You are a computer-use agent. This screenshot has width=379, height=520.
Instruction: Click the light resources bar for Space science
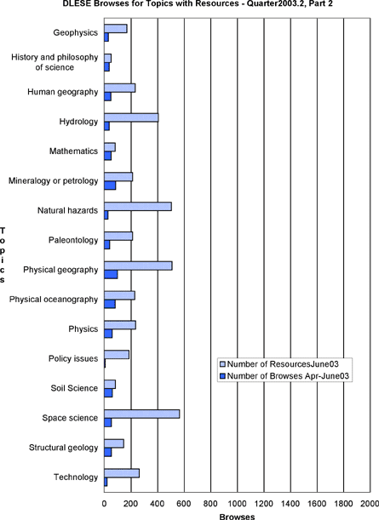[x=142, y=414]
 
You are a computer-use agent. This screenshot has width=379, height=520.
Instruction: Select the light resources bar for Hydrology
[x=131, y=117]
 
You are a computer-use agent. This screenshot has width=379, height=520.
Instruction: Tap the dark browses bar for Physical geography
[x=111, y=275]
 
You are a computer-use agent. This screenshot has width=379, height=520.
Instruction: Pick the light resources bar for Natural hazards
[x=138, y=206]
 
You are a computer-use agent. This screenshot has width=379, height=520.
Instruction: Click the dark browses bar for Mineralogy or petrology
[x=110, y=186]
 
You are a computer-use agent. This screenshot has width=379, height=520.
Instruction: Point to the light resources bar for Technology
[x=122, y=473]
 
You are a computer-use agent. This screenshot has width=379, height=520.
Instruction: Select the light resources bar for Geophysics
[x=116, y=29]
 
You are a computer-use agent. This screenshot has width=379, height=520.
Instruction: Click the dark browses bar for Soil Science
[x=108, y=393]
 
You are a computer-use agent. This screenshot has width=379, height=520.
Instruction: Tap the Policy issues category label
[x=73, y=358]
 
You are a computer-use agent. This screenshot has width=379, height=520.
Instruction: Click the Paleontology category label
[x=73, y=240]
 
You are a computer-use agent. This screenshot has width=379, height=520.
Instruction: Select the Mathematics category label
[x=74, y=151]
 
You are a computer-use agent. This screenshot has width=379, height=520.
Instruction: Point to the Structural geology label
[x=63, y=448]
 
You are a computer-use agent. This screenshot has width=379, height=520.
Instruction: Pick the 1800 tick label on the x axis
[x=343, y=504]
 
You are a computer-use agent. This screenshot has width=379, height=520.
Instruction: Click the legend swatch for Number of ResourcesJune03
[x=222, y=364]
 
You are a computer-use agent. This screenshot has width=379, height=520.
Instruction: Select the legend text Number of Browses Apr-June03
[x=288, y=376]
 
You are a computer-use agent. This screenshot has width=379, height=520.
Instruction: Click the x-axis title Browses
[x=237, y=517]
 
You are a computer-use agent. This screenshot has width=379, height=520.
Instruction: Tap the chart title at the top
[x=198, y=4]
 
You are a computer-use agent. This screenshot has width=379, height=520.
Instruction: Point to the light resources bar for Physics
[x=120, y=325]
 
